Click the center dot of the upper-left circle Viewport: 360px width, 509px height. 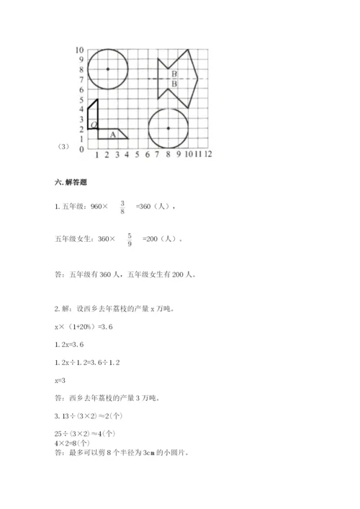107,69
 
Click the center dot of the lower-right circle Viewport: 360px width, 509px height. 168,128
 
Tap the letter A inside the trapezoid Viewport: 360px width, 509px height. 112,134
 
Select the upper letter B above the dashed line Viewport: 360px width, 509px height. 174,74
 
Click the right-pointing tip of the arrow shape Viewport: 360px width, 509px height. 198,78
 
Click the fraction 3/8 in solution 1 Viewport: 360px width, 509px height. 122,207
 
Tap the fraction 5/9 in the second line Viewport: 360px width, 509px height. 130,239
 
